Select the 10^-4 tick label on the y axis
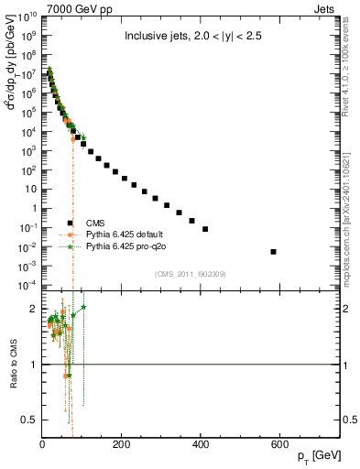click(x=28, y=286)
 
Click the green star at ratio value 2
click(x=83, y=308)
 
